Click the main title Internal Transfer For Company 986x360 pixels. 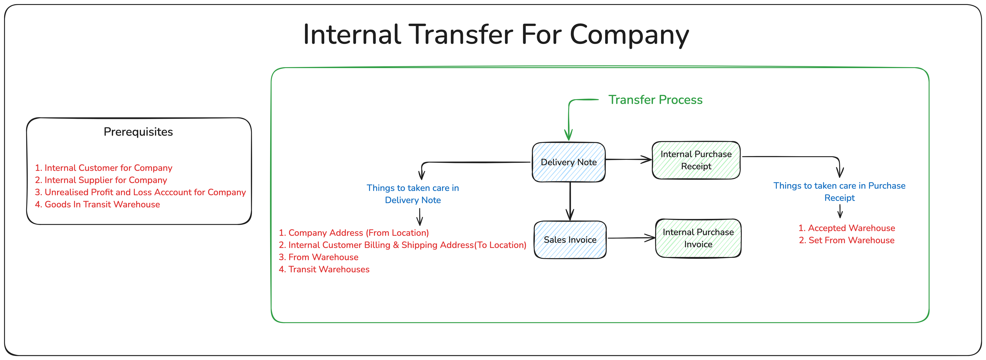496,34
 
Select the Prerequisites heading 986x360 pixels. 138,132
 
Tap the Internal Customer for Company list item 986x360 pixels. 104,168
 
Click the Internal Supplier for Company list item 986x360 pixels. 101,180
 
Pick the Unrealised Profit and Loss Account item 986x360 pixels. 140,193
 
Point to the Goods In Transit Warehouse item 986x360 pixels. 98,205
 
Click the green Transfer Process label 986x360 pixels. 655,100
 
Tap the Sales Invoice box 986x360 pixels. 570,240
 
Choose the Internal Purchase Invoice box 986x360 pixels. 698,238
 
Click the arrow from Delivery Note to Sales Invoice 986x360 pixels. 570,201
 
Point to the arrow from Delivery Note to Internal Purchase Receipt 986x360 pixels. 628,160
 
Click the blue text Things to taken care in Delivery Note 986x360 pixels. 413,194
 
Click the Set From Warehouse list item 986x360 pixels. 847,241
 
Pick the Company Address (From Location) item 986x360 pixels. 354,233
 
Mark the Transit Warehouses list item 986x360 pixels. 324,270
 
